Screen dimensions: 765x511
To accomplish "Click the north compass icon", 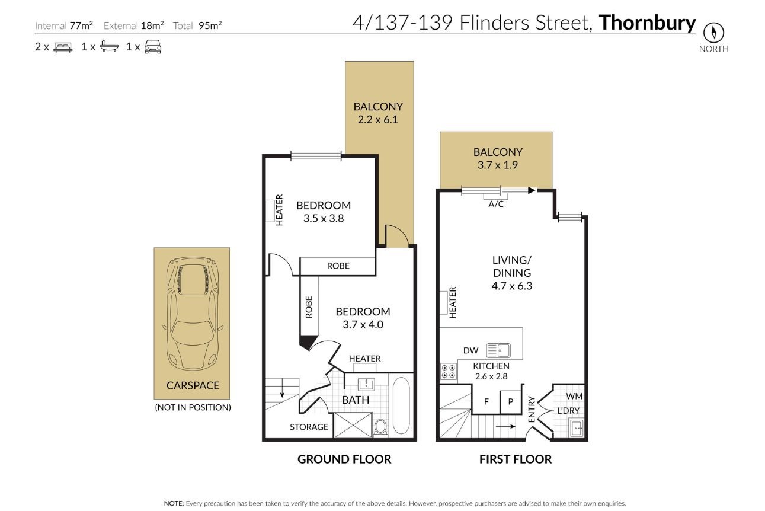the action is (x=713, y=33).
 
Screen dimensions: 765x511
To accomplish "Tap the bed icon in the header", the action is (x=63, y=47).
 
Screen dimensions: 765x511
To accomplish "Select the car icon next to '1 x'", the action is (x=153, y=47).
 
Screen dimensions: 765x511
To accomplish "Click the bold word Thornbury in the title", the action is (x=647, y=23).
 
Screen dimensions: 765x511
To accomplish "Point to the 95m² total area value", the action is (x=210, y=25).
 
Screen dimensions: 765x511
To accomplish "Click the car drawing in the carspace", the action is (x=193, y=315).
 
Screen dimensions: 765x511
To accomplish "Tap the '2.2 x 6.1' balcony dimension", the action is (x=377, y=120).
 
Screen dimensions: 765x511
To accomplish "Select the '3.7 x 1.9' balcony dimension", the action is (x=498, y=165).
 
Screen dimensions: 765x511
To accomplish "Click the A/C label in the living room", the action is (x=496, y=205).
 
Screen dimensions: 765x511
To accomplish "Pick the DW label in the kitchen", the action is (x=470, y=350).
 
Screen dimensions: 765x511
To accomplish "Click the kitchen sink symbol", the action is (x=498, y=351).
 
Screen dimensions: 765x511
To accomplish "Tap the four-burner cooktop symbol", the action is (x=449, y=372).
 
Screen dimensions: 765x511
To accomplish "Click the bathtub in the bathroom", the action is (x=401, y=405).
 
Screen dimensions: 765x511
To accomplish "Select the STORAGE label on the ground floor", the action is (x=309, y=427).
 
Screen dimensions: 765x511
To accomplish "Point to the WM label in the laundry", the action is (x=574, y=396).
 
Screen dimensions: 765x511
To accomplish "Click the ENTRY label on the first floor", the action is (x=532, y=409).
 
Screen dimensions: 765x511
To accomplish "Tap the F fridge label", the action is (x=486, y=402).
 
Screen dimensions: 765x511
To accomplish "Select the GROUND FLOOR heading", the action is (x=344, y=459).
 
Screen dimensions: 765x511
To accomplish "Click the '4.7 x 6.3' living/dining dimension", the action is (x=511, y=286).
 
